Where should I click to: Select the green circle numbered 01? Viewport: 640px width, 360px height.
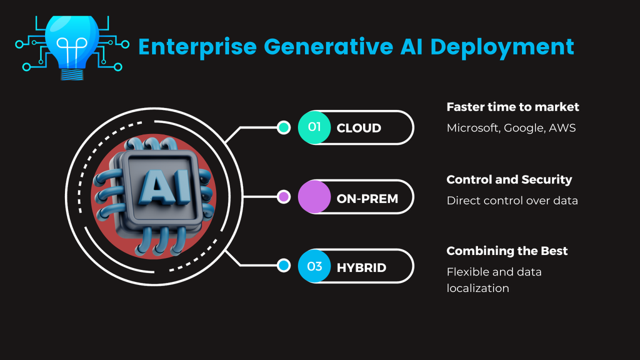[x=314, y=127]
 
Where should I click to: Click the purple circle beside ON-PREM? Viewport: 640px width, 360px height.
[x=314, y=197]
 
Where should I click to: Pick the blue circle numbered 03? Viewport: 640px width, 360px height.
[x=314, y=267]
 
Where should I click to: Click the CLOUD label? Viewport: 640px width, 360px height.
[x=359, y=128]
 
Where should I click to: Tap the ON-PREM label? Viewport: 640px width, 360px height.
[x=367, y=198]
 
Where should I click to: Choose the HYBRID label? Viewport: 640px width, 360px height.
[x=361, y=267]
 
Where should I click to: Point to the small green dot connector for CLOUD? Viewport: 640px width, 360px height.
[x=283, y=127]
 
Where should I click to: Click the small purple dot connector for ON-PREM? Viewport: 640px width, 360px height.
[x=283, y=197]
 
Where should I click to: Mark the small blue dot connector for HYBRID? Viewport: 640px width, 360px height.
[x=283, y=266]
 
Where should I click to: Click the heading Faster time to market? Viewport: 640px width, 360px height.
[x=512, y=107]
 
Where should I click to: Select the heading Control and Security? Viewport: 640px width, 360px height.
[x=509, y=179]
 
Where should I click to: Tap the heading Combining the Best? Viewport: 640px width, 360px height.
[x=507, y=251]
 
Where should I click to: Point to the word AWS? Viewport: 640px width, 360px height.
[x=562, y=128]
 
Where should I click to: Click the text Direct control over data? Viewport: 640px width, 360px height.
[x=512, y=201]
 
